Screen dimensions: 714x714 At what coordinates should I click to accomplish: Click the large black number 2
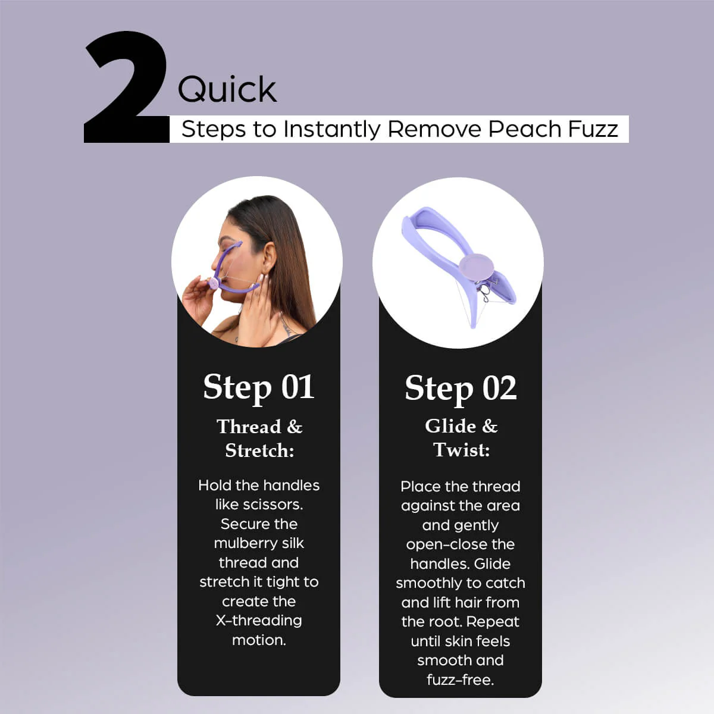click(x=126, y=87)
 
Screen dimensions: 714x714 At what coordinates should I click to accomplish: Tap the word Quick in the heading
click(x=227, y=89)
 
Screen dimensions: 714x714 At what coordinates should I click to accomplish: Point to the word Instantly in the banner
click(x=332, y=130)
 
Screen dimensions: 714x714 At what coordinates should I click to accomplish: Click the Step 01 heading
click(x=259, y=387)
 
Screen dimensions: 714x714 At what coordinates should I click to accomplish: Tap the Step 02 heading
click(x=461, y=389)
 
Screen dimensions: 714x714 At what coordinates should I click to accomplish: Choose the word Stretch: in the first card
click(x=259, y=450)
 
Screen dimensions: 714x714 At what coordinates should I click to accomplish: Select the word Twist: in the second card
click(x=461, y=450)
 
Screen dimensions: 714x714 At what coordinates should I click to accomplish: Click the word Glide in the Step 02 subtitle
click(x=450, y=426)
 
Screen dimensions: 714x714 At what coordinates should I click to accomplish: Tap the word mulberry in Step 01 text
click(x=246, y=544)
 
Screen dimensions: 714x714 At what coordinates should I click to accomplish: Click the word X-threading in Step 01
click(x=259, y=621)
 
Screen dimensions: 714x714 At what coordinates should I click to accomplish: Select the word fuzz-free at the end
click(x=460, y=680)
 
